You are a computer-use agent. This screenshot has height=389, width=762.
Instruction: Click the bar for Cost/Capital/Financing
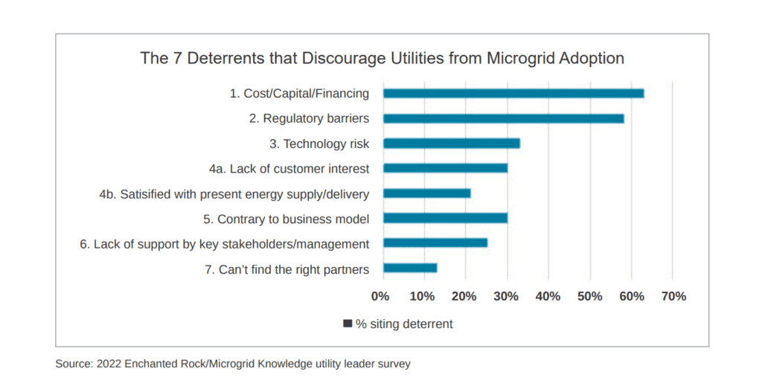tap(513, 94)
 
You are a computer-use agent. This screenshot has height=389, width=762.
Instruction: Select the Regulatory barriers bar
tap(503, 118)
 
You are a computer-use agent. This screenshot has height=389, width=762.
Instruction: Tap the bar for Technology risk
tap(451, 144)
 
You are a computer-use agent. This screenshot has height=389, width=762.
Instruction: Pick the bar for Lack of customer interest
tap(445, 168)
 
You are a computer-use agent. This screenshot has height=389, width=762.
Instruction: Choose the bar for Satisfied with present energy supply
tap(426, 193)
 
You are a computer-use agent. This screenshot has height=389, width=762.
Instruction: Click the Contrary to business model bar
tap(445, 218)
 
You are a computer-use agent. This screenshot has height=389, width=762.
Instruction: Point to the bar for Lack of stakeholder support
tap(435, 242)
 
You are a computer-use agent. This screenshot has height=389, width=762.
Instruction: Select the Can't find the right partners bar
tap(409, 268)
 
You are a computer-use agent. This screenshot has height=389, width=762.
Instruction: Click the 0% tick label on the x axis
tap(380, 296)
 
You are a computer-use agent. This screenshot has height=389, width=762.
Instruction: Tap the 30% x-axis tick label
tap(506, 296)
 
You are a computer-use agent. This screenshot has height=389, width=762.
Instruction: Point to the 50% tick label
tap(590, 296)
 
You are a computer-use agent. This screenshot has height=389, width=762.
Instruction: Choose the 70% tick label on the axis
tap(673, 296)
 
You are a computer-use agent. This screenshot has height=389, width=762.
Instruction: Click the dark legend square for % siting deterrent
tap(348, 324)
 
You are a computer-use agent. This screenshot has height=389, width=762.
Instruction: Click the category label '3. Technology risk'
tap(319, 144)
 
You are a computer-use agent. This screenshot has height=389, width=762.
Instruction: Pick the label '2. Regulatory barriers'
tap(310, 118)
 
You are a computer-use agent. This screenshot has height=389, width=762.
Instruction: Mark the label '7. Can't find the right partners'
tap(286, 269)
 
